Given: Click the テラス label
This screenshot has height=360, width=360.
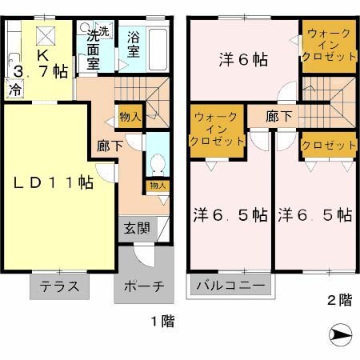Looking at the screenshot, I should pos(60,286).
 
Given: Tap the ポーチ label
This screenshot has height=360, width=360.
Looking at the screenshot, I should pos(145,286).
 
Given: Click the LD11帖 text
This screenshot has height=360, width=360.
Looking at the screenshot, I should pos(52,183).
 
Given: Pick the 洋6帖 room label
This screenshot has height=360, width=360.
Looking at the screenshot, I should pos(243,60).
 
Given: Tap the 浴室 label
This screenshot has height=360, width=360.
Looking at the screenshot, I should pos(134,45).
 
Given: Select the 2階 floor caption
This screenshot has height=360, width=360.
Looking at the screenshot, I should pos(338,301).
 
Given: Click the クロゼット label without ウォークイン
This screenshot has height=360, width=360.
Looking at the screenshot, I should pos(328,145).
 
